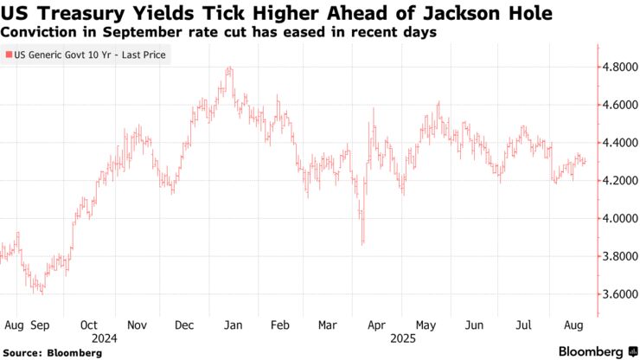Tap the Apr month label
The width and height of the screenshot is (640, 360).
(375, 325)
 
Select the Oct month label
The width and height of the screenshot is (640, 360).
(89, 325)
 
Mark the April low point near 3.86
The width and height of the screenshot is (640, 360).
(362, 243)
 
